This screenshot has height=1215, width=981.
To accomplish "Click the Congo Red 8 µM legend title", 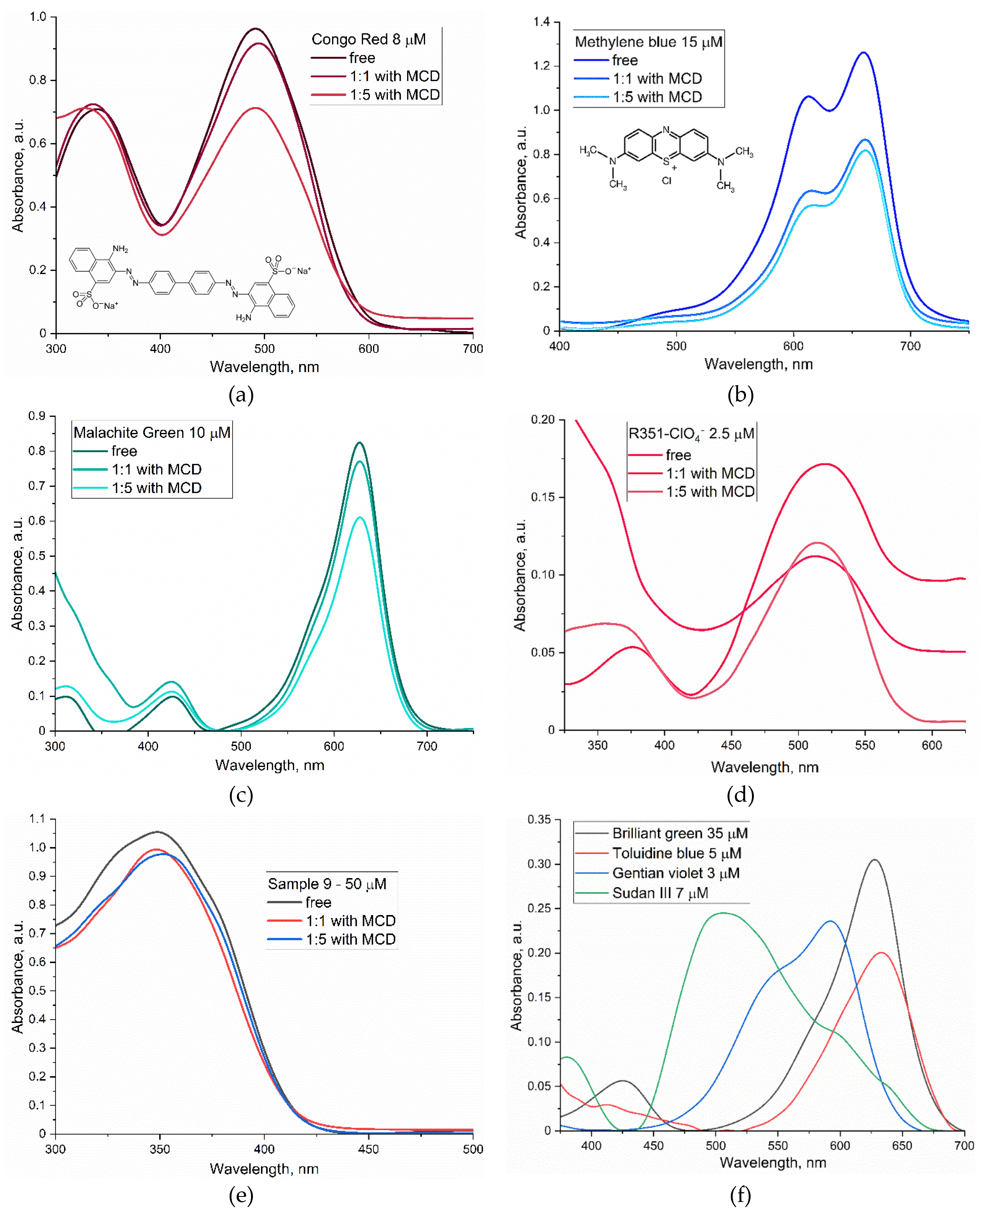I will (368, 40).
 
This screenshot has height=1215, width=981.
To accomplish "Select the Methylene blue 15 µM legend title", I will (648, 42).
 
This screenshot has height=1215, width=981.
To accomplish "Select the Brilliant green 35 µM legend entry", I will (680, 833).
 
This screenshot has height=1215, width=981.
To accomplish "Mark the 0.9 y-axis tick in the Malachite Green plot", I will (37, 416).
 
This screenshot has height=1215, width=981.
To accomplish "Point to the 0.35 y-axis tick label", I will (539, 820).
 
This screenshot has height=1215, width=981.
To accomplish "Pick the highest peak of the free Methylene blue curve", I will (863, 53).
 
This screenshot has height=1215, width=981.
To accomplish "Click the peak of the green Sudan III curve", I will (723, 913).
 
